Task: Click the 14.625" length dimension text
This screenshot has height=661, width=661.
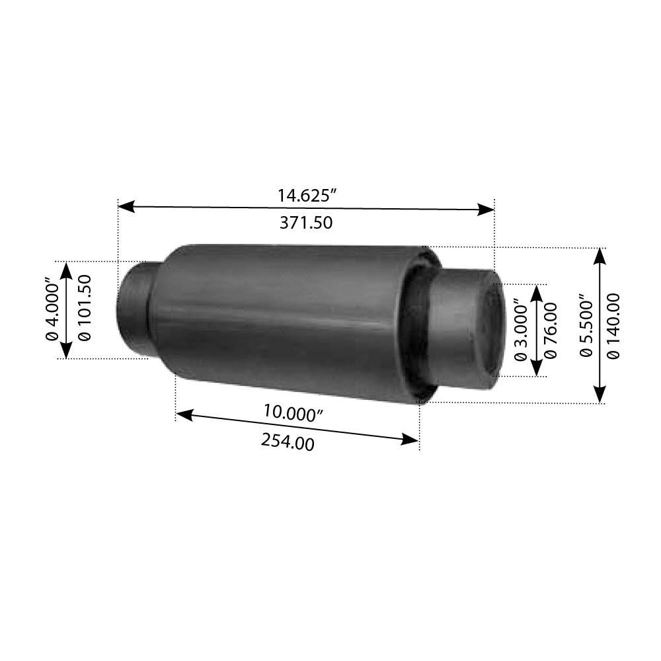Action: click(307, 196)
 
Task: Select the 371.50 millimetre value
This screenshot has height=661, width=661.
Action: click(306, 223)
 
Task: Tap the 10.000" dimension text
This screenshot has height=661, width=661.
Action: click(293, 412)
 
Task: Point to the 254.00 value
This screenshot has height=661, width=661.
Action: click(288, 442)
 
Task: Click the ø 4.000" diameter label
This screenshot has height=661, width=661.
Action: click(53, 309)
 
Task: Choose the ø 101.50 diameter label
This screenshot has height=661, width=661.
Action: click(85, 308)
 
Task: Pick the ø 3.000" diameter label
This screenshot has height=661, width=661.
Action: click(521, 330)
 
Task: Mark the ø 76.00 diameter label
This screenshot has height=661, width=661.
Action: click(551, 330)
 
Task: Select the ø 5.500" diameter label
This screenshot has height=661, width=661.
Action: click(586, 325)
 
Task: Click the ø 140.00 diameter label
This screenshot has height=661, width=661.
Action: click(613, 326)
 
